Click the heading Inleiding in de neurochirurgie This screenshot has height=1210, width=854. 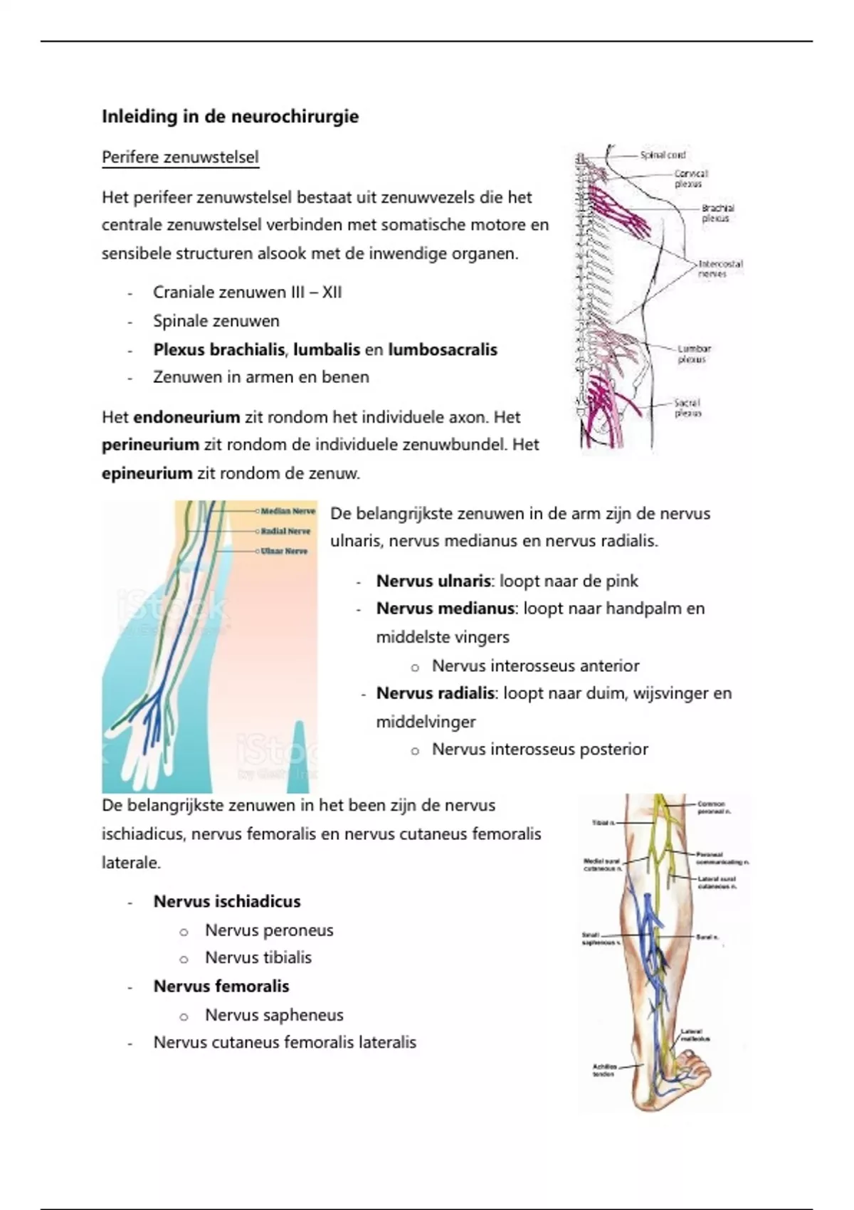pos(230,117)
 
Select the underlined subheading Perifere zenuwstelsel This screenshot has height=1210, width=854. pos(180,157)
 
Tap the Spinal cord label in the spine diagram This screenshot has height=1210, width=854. pos(663,154)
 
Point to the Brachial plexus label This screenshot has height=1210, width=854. pos(717,214)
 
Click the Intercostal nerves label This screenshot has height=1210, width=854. pos(719,268)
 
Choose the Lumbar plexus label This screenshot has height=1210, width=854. pos(693,354)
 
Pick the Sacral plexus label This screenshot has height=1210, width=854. pos(687,407)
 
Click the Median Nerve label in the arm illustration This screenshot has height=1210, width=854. pos(288,511)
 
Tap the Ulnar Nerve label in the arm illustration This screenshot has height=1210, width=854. pos(285,551)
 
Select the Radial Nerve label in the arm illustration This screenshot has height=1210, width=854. pos(285,531)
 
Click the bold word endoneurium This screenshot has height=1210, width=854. pos(186,417)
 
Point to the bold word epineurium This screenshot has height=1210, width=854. pos(147,473)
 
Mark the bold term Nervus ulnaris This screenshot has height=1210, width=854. pos(433,582)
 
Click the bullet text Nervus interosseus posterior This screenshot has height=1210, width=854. pos(539,749)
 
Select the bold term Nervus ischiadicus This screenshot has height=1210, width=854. pos(227,902)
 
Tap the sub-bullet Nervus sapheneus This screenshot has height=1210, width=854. pos(274,1015)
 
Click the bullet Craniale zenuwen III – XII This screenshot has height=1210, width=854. pos(247,293)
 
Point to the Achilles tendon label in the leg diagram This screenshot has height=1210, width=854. pos(604,1070)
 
